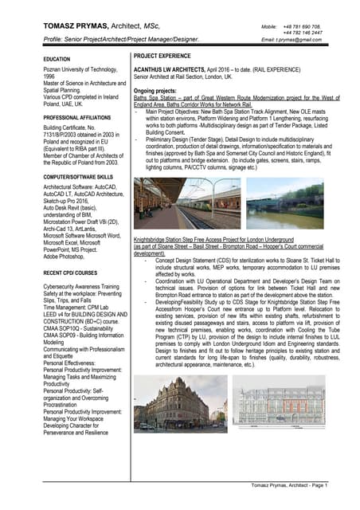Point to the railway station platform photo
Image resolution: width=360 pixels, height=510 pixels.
186,203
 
